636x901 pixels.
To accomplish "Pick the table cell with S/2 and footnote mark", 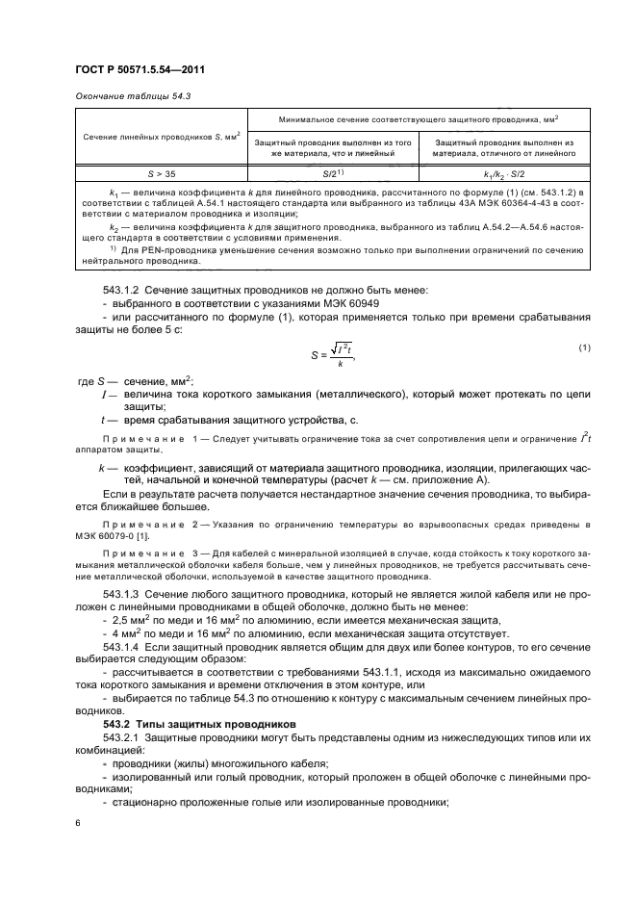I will (333, 176).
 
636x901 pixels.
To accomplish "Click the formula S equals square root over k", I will (329, 354).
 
